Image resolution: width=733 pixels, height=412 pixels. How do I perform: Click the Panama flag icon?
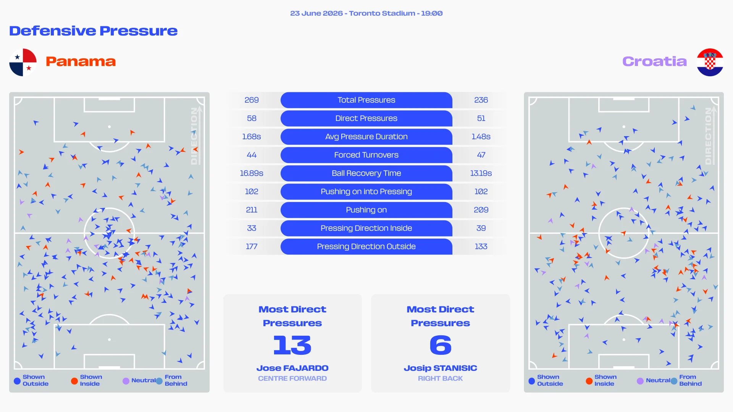[23, 62]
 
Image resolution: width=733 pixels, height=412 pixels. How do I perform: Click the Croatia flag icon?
[710, 62]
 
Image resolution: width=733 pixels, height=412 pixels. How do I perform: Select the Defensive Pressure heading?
[94, 31]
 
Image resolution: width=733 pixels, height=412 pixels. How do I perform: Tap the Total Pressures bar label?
[366, 100]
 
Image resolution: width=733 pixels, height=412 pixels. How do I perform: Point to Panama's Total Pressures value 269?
[252, 100]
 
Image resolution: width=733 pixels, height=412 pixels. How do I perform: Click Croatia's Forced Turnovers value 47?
[481, 155]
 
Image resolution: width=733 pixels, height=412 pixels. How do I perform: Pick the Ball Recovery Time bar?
[366, 173]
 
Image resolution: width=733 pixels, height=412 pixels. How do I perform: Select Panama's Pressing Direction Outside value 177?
[252, 246]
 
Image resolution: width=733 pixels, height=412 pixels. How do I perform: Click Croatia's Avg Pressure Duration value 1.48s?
[481, 137]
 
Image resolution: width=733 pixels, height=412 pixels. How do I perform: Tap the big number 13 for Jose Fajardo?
[292, 345]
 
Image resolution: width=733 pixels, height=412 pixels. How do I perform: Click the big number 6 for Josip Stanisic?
[441, 345]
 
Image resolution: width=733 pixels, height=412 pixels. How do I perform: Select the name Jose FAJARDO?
[292, 368]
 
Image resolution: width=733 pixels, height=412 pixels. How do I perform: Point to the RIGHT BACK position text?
[441, 378]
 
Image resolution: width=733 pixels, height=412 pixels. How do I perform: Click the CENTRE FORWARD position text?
[292, 378]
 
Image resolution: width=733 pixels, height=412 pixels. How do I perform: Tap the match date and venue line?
[366, 13]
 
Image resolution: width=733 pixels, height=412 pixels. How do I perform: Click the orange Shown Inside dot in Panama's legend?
[74, 381]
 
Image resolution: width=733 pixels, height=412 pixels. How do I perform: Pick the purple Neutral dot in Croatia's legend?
[640, 381]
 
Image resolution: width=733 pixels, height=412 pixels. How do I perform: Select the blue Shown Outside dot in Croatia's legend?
[532, 381]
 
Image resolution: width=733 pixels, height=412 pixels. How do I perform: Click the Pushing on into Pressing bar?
[366, 192]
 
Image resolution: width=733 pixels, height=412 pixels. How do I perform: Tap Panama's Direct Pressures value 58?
[252, 118]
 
